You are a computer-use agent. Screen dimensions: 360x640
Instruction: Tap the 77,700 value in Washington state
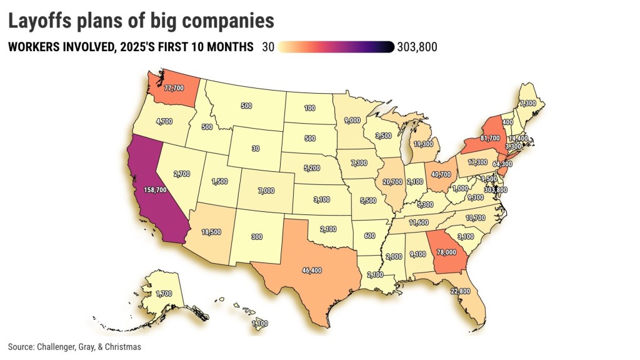pos(173,88)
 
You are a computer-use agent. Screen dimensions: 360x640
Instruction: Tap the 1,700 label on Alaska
pos(164,292)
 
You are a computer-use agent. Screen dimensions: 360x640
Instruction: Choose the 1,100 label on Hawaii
pos(261,323)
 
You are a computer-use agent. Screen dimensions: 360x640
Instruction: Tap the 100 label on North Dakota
pos(310,109)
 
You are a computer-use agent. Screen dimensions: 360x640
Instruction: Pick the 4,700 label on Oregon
pos(164,122)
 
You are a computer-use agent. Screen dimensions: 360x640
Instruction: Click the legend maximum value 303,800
pos(417,47)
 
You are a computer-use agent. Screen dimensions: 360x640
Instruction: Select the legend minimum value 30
pos(269,47)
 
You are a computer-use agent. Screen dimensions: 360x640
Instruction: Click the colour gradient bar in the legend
pos(336,47)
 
